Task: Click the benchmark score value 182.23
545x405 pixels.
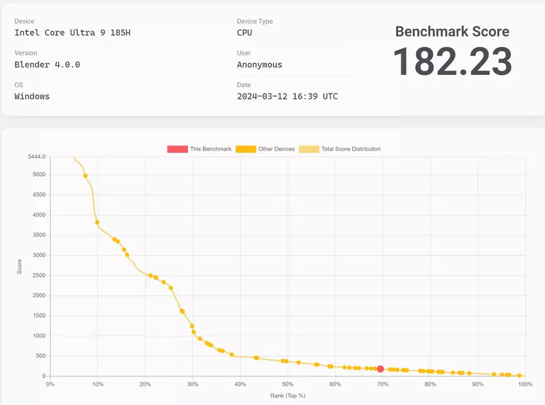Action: tap(453, 62)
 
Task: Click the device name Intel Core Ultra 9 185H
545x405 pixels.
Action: tap(72, 33)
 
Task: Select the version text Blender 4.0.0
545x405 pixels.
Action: tap(47, 64)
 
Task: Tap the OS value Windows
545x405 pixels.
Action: tap(32, 96)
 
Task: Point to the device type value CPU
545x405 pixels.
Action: tap(244, 33)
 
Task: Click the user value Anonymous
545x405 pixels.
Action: tap(259, 64)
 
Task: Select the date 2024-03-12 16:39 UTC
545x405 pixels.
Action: tap(287, 96)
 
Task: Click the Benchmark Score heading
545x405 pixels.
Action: tap(452, 32)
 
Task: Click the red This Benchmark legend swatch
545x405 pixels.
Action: tap(178, 149)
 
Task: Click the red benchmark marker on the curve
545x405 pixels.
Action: tap(380, 369)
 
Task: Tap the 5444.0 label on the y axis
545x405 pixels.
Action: tap(36, 156)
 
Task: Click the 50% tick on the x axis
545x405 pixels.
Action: tap(287, 384)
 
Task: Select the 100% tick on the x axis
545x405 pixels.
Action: tap(524, 384)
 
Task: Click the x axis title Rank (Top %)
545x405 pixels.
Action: tap(287, 396)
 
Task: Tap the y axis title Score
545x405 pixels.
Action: tap(19, 267)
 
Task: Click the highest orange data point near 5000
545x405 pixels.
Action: tap(85, 176)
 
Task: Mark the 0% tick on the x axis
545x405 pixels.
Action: tap(51, 384)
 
